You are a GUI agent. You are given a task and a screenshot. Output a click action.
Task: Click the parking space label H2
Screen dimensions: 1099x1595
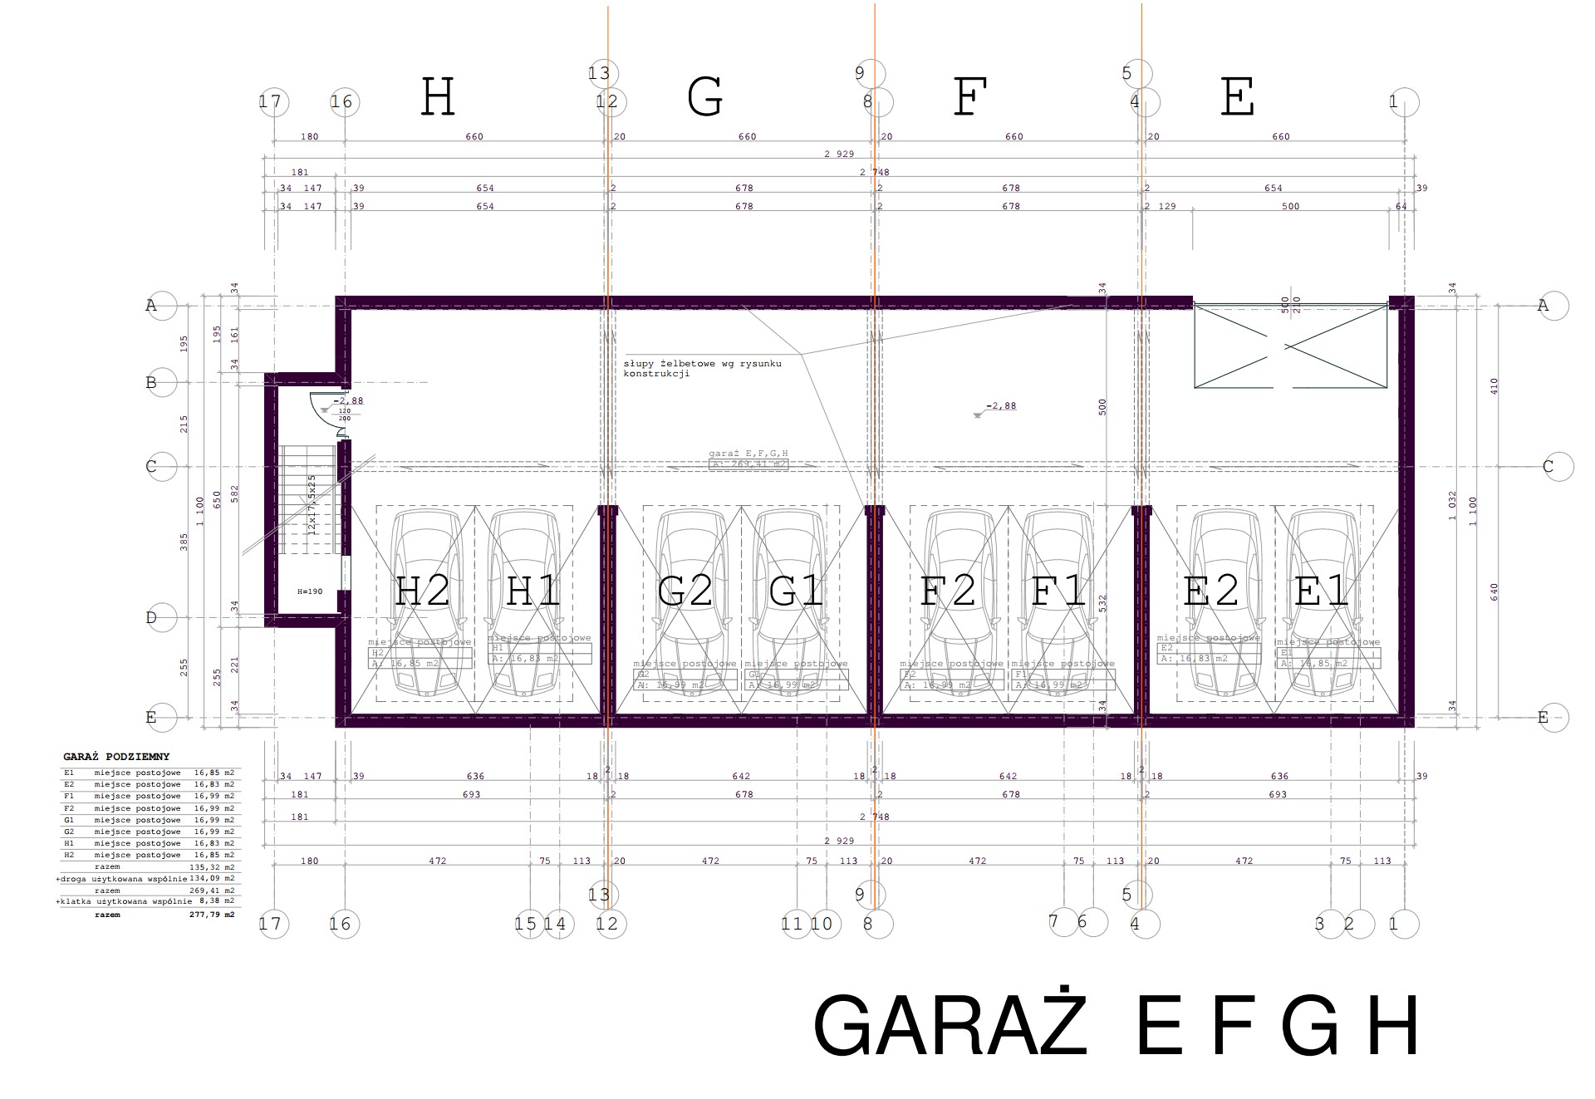coord(422,591)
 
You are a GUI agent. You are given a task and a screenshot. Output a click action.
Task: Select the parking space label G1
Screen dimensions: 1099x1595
coord(796,591)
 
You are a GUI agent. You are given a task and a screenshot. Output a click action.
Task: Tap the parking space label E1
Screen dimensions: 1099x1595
coord(1322,591)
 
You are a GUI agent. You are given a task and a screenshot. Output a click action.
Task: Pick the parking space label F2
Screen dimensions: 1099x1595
coord(948,591)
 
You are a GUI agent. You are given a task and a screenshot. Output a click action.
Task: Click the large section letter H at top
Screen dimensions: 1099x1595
coord(438,97)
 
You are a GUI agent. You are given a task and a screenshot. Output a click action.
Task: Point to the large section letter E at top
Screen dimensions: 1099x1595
coord(1237,97)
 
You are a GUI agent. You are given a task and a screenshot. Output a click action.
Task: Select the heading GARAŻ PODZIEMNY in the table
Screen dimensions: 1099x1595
coord(116,757)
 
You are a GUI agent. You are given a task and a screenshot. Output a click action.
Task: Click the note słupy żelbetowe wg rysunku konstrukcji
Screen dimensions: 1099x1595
coord(702,368)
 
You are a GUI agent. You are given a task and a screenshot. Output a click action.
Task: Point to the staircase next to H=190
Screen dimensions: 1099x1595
coord(307,498)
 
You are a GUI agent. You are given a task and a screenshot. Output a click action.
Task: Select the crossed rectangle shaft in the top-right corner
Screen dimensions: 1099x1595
coord(1290,346)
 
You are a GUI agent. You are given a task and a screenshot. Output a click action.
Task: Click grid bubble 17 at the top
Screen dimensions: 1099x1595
coord(270,102)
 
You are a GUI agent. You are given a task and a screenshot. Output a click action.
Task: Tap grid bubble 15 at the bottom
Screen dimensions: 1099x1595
coord(526,924)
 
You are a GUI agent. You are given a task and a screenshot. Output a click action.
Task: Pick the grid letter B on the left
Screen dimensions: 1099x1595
coord(152,383)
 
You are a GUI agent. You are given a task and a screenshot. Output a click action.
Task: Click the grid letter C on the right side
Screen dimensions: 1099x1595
coord(1548,467)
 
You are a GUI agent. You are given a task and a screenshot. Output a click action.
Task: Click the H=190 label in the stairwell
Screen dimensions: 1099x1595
coord(309,592)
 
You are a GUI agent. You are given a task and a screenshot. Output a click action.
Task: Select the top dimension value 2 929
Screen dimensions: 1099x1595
coord(839,155)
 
